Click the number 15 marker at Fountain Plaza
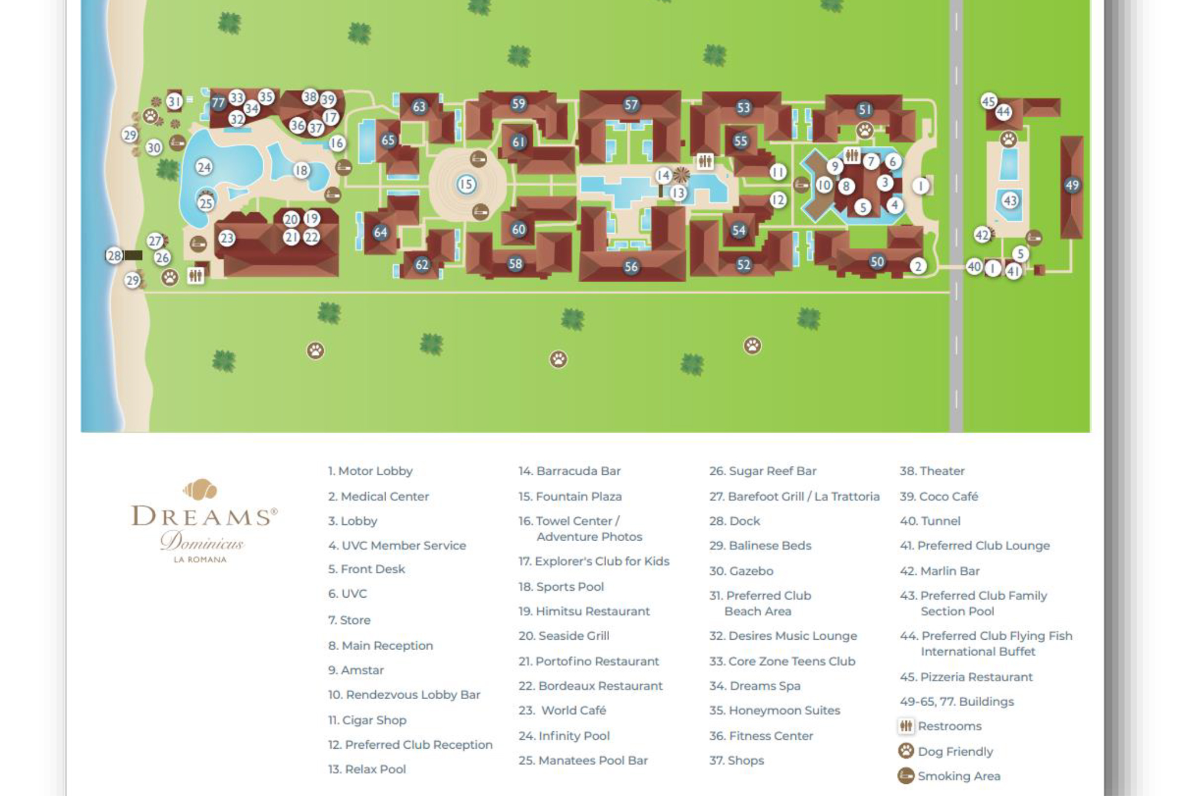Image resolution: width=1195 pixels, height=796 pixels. (466, 185)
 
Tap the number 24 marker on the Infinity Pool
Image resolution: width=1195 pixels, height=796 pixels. (204, 167)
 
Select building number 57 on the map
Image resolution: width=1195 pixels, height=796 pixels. (631, 105)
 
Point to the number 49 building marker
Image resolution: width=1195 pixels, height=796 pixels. (1072, 185)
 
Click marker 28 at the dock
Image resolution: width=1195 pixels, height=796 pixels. (114, 255)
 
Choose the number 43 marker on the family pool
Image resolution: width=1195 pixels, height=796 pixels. (1009, 201)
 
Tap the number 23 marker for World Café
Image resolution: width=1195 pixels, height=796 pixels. (226, 238)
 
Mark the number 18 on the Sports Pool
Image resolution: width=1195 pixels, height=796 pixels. (301, 170)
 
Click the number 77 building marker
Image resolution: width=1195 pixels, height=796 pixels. (218, 103)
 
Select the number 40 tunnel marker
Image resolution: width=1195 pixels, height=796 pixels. (974, 266)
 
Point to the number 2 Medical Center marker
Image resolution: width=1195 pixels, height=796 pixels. (918, 266)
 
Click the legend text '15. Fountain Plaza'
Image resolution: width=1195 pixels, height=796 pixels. (570, 496)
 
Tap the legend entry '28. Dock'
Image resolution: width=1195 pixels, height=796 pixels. (735, 521)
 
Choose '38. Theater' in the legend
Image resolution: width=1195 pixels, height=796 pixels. (932, 471)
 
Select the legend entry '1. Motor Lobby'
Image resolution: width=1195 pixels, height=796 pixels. (370, 471)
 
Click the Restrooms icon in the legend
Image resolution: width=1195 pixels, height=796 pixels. (906, 726)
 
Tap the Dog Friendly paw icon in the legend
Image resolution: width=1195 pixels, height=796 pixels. (906, 751)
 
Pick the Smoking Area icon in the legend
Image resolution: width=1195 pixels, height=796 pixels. (906, 776)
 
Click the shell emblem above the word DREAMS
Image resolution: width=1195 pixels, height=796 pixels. (200, 489)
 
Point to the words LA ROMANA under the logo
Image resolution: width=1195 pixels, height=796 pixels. (200, 559)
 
